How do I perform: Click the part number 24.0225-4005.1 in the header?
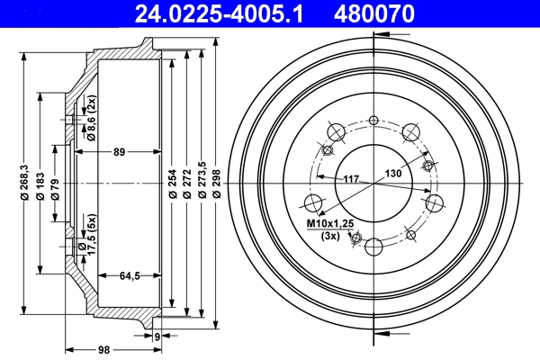(219, 13)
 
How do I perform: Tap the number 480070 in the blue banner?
(374, 13)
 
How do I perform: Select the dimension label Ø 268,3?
(24, 183)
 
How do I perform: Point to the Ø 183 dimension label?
(40, 186)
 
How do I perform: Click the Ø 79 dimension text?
(56, 189)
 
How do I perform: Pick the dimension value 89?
(119, 152)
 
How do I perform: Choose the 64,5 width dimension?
(130, 275)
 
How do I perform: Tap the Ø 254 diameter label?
(173, 184)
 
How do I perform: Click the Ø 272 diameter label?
(187, 184)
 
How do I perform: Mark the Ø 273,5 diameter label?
(202, 180)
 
